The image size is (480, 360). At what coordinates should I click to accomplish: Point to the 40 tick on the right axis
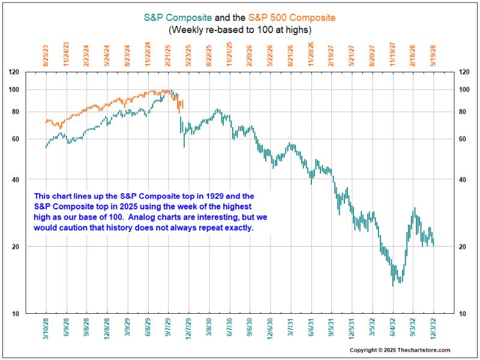pyautogui.click(x=449, y=179)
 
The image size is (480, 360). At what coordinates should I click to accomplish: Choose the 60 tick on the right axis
pyautogui.click(x=449, y=139)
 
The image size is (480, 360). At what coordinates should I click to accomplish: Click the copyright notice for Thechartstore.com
pyautogui.click(x=400, y=350)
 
